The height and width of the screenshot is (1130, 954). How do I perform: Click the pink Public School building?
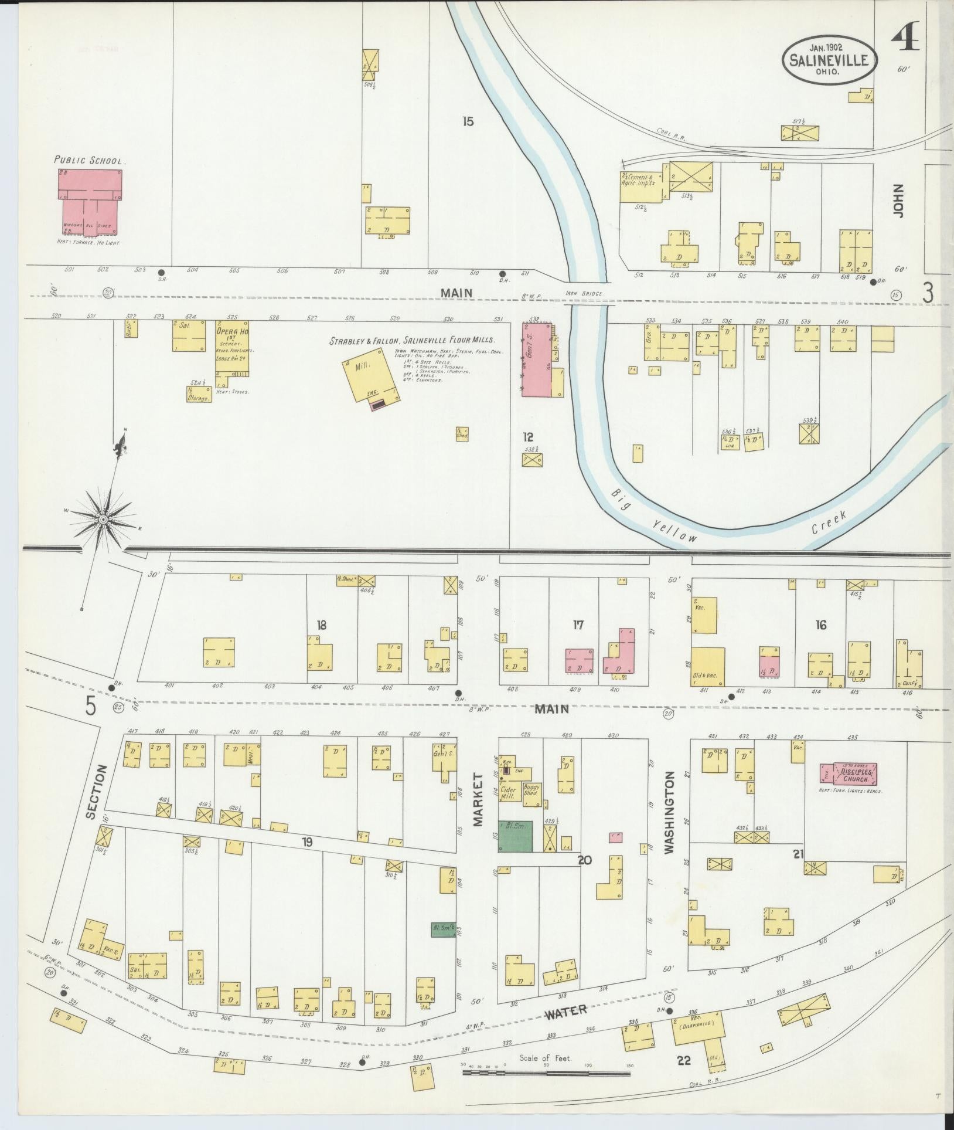[x=90, y=202]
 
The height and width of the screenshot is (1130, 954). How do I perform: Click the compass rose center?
[x=103, y=520]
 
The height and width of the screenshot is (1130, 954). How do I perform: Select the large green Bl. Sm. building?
[x=516, y=836]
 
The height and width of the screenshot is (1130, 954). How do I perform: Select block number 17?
[x=578, y=626]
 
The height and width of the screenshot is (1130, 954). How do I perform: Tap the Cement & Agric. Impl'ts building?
[x=641, y=186]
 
